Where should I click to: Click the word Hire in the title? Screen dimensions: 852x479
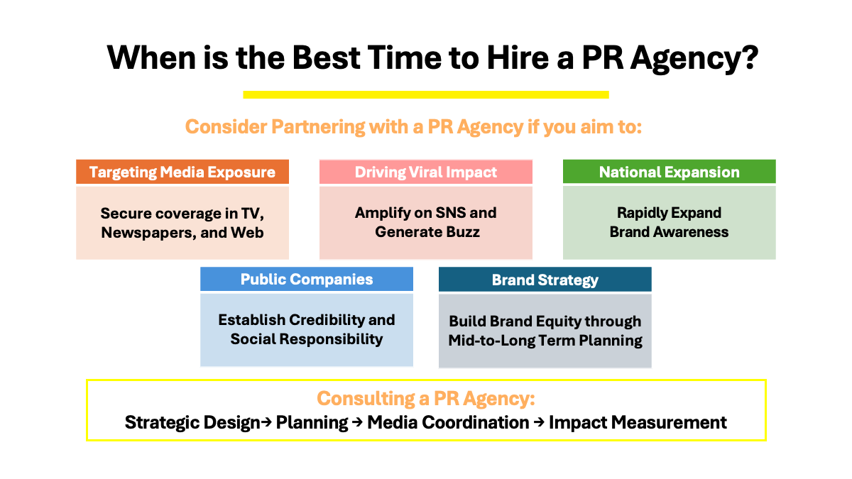click(519, 57)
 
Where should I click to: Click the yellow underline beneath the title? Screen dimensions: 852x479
click(426, 94)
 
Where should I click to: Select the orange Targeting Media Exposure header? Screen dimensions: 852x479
click(182, 172)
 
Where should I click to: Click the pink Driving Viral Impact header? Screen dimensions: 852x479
click(426, 172)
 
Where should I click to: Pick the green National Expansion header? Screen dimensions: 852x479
click(670, 172)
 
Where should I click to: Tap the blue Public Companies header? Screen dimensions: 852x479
click(307, 279)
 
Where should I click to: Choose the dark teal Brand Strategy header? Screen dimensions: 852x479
click(545, 280)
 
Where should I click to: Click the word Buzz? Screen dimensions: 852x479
click(462, 232)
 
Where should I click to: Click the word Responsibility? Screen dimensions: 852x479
click(331, 339)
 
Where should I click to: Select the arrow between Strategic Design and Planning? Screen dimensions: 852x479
click(266, 422)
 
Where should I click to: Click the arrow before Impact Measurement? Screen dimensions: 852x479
click(539, 422)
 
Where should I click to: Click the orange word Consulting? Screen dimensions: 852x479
click(366, 399)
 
